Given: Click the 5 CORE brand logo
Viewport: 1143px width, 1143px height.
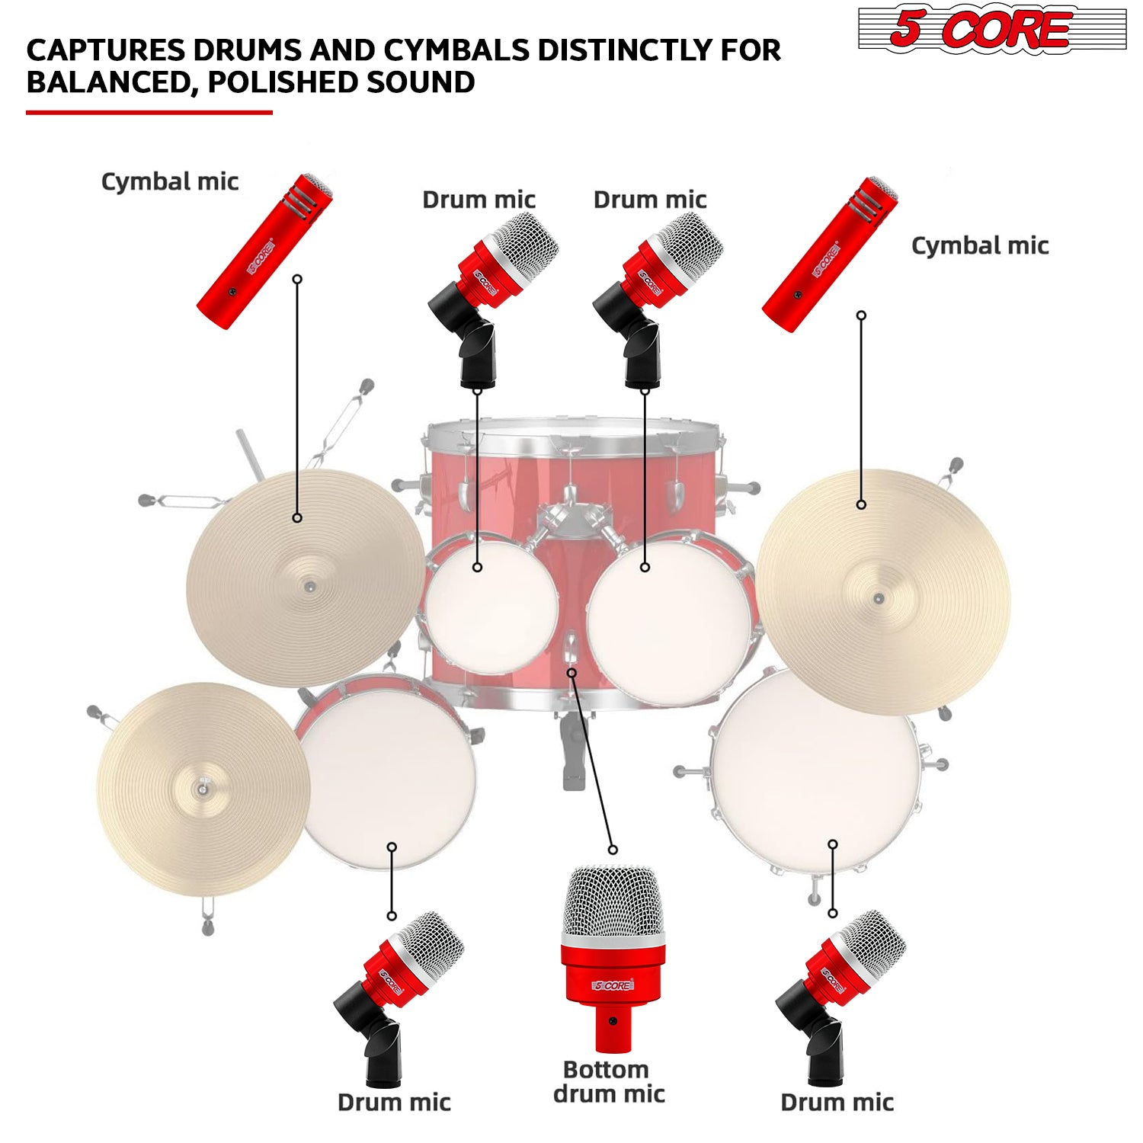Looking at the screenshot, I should point(991,30).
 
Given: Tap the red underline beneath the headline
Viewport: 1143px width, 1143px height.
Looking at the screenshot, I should point(149,113).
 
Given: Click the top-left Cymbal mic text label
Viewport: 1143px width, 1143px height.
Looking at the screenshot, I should point(170,182).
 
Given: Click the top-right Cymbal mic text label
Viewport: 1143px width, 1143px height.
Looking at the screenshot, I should point(980,246).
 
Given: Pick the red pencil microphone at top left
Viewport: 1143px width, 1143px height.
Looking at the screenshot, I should point(264,251).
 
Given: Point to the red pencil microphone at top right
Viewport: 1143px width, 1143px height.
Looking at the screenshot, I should point(830,255).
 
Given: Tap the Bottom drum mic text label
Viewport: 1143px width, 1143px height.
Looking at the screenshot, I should point(608,1081).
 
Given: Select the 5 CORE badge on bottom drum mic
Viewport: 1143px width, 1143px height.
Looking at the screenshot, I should point(613,985).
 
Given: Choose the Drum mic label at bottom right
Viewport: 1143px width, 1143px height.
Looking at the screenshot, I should point(837,1102).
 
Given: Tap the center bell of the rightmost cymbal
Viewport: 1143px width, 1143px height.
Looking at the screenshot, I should point(879,599).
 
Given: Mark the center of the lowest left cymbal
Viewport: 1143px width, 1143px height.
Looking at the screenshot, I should point(202,789).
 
